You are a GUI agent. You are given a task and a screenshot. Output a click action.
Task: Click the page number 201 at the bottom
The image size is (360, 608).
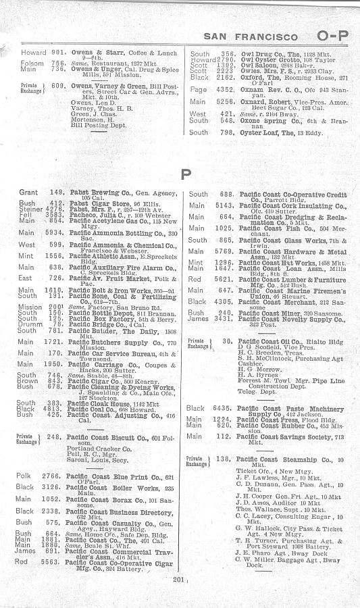(x=178, y=579)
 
